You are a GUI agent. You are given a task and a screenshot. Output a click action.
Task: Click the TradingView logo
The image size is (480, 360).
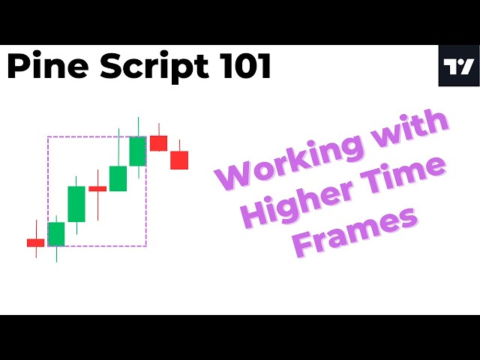click(x=458, y=66)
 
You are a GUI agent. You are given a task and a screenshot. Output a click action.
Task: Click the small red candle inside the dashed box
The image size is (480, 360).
click(x=97, y=188)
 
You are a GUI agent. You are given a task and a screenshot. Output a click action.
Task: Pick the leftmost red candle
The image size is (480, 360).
click(x=36, y=242)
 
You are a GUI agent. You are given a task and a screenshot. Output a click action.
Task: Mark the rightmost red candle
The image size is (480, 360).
click(x=179, y=160)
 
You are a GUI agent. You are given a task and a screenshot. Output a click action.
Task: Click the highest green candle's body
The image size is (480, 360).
click(x=138, y=151)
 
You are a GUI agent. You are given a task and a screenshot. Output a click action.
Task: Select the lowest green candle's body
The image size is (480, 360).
click(x=57, y=234)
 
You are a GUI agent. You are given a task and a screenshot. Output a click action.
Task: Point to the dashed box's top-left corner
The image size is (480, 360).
click(x=48, y=136)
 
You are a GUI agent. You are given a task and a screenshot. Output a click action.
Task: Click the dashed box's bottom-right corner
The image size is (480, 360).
click(x=146, y=246)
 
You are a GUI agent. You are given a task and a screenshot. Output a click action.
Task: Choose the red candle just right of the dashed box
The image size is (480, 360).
click(x=158, y=142)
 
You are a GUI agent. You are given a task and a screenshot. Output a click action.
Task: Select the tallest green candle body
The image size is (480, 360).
click(x=76, y=203)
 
